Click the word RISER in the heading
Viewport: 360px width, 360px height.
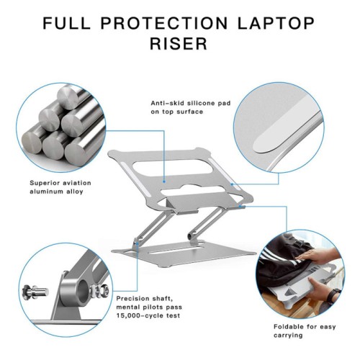[179, 43]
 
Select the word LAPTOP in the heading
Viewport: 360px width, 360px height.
[276, 23]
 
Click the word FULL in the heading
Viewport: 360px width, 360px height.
[66, 23]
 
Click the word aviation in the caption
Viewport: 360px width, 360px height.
[77, 183]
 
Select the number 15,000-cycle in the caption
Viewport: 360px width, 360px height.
[137, 315]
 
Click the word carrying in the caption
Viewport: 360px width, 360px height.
[288, 336]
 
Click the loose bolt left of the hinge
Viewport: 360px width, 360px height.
[35, 292]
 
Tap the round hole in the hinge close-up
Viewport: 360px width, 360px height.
[82, 291]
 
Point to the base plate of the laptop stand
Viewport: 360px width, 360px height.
[184, 253]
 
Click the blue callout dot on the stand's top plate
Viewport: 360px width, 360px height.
[164, 181]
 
